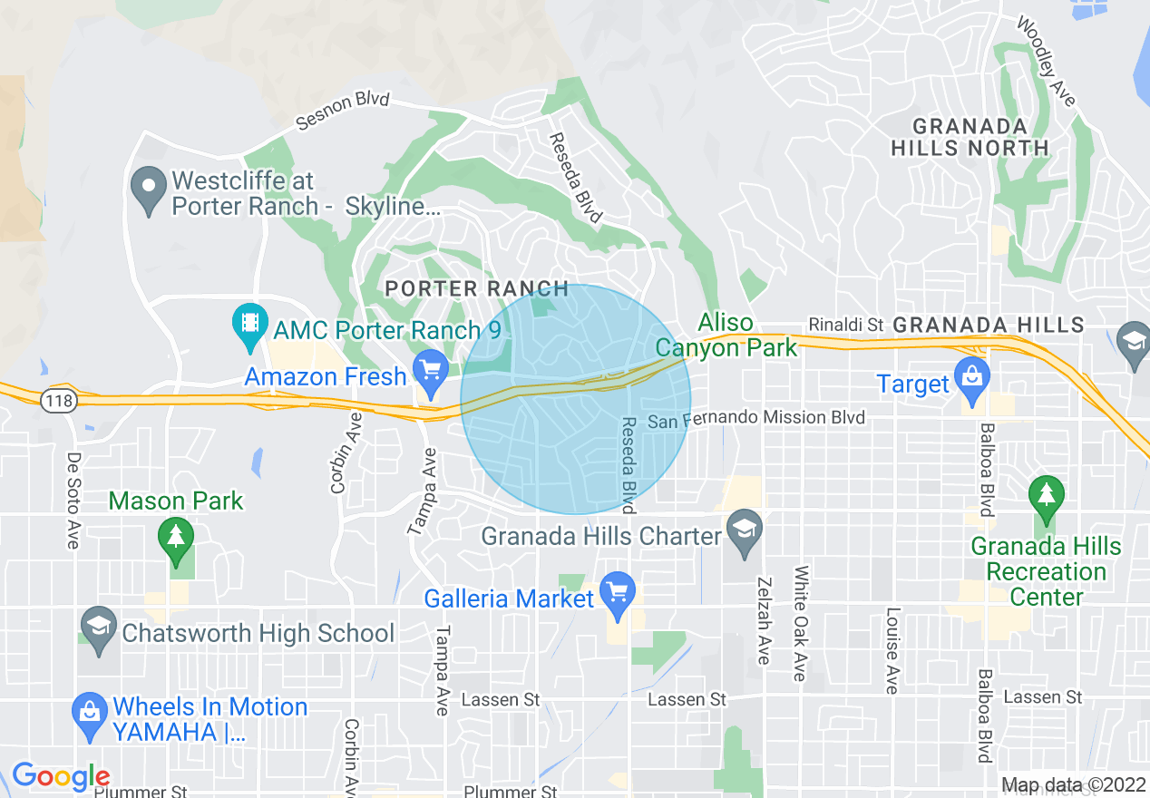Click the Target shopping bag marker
point(971,381)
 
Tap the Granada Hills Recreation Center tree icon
point(1046,498)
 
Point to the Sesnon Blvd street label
point(344,109)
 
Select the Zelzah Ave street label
point(764,620)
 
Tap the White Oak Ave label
point(800,624)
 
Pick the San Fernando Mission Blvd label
point(756,418)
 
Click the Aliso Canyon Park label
point(726,335)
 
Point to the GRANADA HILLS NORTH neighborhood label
point(970,137)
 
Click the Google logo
point(60,776)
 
